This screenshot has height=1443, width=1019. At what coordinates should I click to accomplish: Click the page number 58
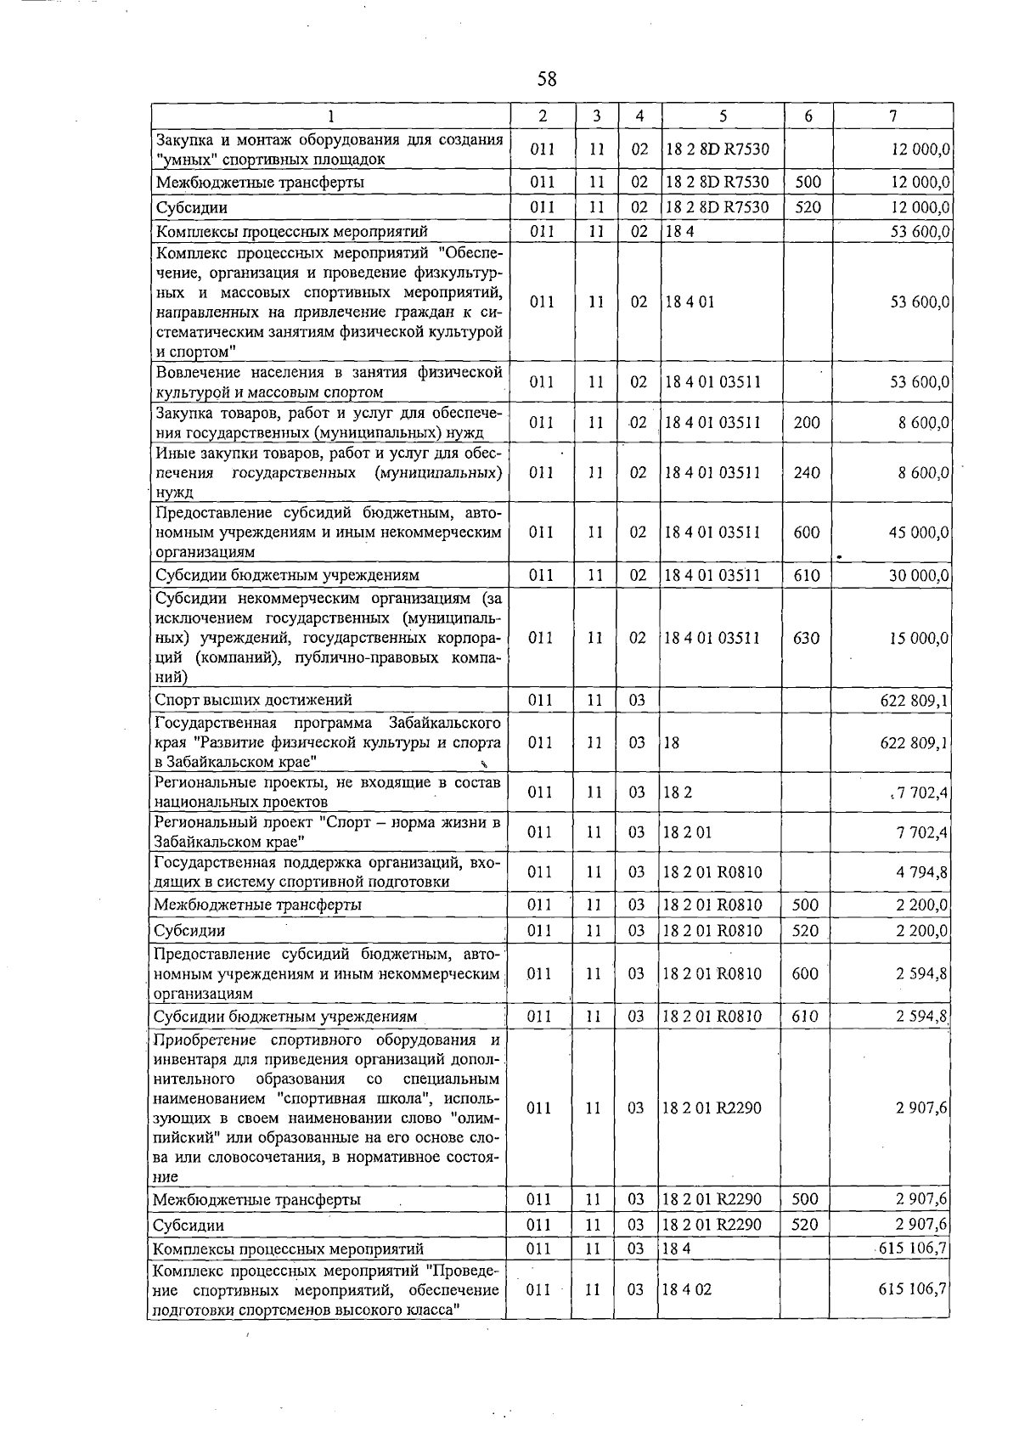[x=547, y=79]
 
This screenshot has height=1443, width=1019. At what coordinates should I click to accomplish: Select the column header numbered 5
[x=722, y=116]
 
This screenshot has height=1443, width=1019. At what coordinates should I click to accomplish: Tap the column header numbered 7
[x=893, y=116]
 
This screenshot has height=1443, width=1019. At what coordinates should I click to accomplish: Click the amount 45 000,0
[x=919, y=533]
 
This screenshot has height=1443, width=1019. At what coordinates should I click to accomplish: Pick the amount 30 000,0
[x=919, y=576]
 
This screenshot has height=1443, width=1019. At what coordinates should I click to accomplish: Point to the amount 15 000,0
[x=919, y=638]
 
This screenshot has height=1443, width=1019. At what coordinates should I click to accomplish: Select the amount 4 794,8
[x=921, y=871]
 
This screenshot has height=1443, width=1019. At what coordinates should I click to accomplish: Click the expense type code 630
[x=806, y=638]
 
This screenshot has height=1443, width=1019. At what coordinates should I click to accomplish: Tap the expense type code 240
[x=806, y=472]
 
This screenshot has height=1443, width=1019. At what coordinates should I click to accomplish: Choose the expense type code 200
[x=806, y=422]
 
